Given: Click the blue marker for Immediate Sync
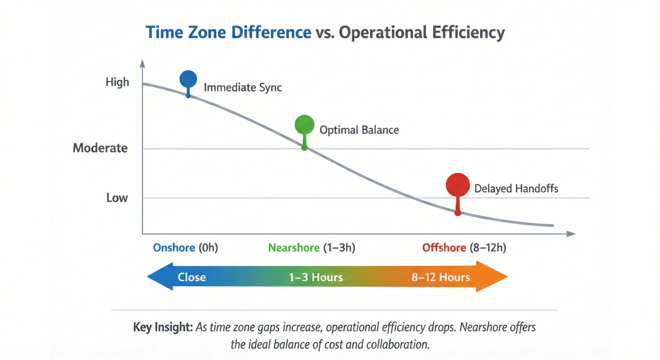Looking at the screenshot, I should tap(188, 79).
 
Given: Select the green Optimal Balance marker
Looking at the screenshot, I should tap(304, 125).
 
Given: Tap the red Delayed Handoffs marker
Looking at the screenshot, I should tap(457, 185).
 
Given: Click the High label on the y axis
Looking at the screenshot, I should tap(117, 82).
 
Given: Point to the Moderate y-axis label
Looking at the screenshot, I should tap(100, 148).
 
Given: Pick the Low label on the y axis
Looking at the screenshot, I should tap(117, 198).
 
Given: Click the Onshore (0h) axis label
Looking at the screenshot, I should tap(185, 247).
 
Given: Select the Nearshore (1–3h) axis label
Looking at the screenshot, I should tap(311, 247).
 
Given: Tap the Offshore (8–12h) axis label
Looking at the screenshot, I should tap(464, 247).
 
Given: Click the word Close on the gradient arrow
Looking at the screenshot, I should tap(192, 277).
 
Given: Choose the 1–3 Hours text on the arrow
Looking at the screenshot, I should tap(316, 277).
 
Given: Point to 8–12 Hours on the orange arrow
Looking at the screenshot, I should tap(441, 277).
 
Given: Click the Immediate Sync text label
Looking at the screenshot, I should tap(243, 87).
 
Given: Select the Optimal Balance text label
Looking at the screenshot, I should tap(359, 130).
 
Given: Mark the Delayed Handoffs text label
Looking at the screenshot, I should tap(516, 189).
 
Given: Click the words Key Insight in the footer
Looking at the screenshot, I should tap(163, 327).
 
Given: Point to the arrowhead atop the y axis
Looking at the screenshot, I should tap(142, 64).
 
